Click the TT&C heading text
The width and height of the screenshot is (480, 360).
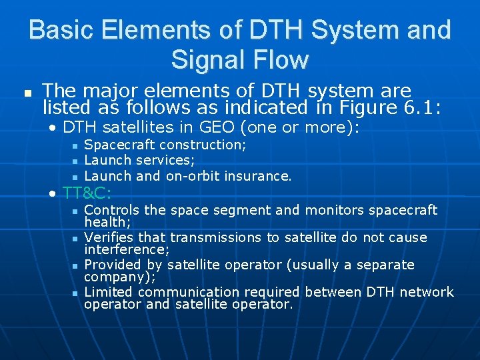click(x=87, y=194)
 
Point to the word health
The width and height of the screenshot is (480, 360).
click(x=105, y=222)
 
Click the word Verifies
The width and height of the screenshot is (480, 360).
click(x=109, y=237)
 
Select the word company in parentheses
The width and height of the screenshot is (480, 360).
click(x=110, y=277)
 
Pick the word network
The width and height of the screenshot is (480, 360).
click(x=427, y=292)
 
